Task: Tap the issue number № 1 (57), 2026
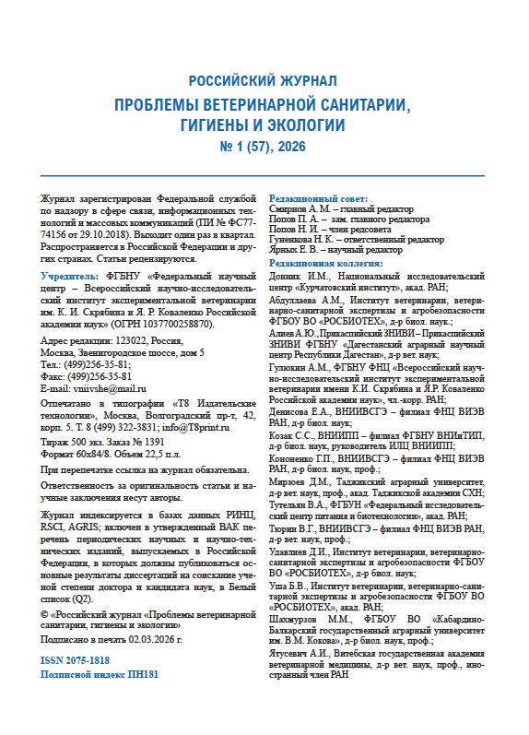[x=264, y=146]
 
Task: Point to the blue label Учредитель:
[x=69, y=276]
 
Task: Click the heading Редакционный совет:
[x=317, y=198]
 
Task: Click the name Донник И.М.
[x=295, y=275]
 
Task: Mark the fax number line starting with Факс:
[x=83, y=377]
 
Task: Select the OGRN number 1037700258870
[x=180, y=325]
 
